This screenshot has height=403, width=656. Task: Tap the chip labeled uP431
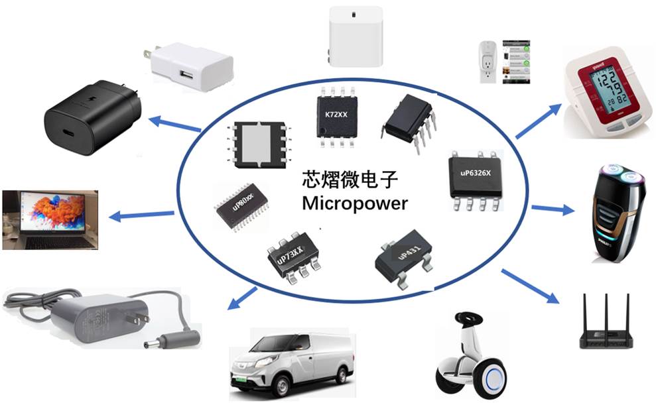point(403,256)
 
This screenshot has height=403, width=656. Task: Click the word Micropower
point(355,203)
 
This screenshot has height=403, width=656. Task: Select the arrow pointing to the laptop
point(142,214)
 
